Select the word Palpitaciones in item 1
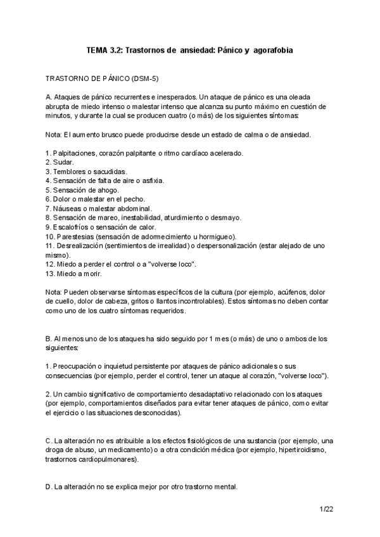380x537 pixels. pyautogui.click(x=75, y=153)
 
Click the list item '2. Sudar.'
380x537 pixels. pyautogui.click(x=61, y=163)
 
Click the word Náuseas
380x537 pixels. pyautogui.click(x=70, y=208)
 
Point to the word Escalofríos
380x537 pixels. pyautogui.click(x=77, y=227)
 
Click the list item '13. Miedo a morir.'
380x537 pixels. pyautogui.click(x=74, y=274)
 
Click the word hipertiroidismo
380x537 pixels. pyautogui.click(x=308, y=450)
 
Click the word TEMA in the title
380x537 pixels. pyautogui.click(x=98, y=49)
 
